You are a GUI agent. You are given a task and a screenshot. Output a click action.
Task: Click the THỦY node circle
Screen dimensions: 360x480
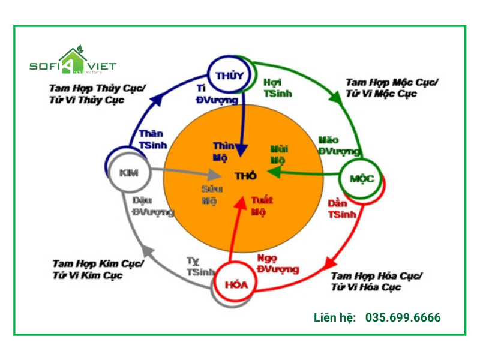point(228,76)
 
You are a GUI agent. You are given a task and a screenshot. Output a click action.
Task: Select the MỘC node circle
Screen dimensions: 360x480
point(361,178)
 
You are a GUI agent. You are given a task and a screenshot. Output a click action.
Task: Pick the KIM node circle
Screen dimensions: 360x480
point(128,173)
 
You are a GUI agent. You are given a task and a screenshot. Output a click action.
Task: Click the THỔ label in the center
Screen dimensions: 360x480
point(245,175)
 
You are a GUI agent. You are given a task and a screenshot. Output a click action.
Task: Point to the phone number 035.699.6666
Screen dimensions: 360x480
point(403,317)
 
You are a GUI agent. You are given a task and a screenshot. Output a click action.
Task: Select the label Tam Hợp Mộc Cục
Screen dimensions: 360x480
point(392,82)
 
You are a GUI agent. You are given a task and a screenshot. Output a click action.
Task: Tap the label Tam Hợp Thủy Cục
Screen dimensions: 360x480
point(98,88)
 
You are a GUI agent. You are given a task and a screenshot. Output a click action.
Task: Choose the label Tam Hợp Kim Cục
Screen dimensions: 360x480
point(97,263)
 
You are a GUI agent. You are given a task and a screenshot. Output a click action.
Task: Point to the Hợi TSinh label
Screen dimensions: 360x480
point(275,87)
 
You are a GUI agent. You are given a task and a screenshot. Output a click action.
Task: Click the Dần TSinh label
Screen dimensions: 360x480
point(343,208)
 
